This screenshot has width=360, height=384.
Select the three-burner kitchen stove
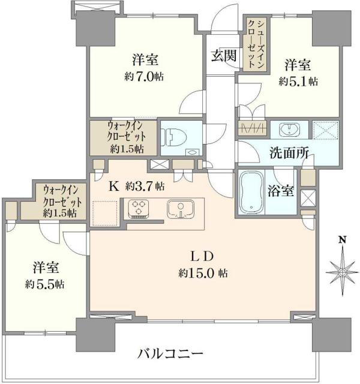[x=139, y=209]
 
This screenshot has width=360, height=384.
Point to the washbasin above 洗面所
[x=290, y=129]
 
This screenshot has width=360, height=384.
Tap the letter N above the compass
[x=341, y=241]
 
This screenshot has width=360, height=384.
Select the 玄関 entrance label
[x=223, y=56]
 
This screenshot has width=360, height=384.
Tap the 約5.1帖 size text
[x=298, y=81]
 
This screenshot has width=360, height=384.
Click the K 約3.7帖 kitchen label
[x=136, y=186]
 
